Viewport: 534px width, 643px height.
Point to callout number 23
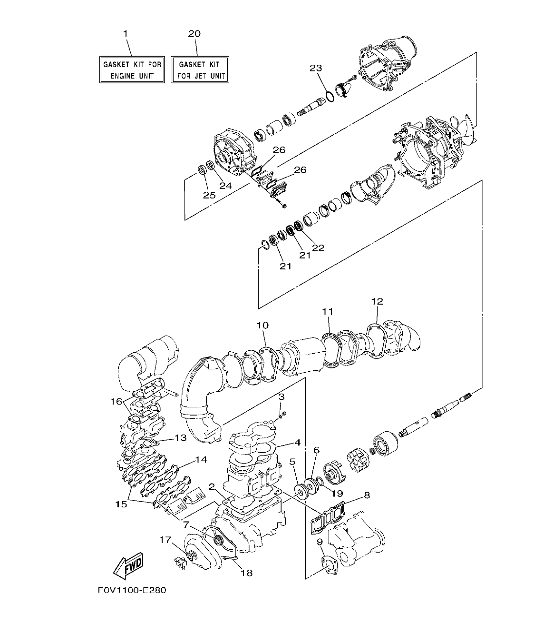pyautogui.click(x=316, y=69)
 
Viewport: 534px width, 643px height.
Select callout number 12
pyautogui.click(x=377, y=301)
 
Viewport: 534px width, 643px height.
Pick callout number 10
pyautogui.click(x=262, y=325)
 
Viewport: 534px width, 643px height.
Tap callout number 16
pyautogui.click(x=116, y=401)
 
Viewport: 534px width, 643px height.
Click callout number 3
pyautogui.click(x=282, y=396)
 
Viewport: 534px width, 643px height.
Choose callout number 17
pyautogui.click(x=165, y=540)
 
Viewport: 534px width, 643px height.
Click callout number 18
pyautogui.click(x=246, y=573)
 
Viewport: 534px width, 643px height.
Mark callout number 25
pyautogui.click(x=209, y=195)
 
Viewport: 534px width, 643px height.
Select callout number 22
pyautogui.click(x=318, y=247)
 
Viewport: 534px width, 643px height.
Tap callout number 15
pyautogui.click(x=121, y=504)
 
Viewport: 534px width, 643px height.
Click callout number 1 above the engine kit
pyautogui.click(x=126, y=33)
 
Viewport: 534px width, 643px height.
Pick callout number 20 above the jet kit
pyautogui.click(x=194, y=33)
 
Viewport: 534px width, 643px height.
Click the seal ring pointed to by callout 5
pyautogui.click(x=301, y=490)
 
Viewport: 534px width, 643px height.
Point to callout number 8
pyautogui.click(x=366, y=495)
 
